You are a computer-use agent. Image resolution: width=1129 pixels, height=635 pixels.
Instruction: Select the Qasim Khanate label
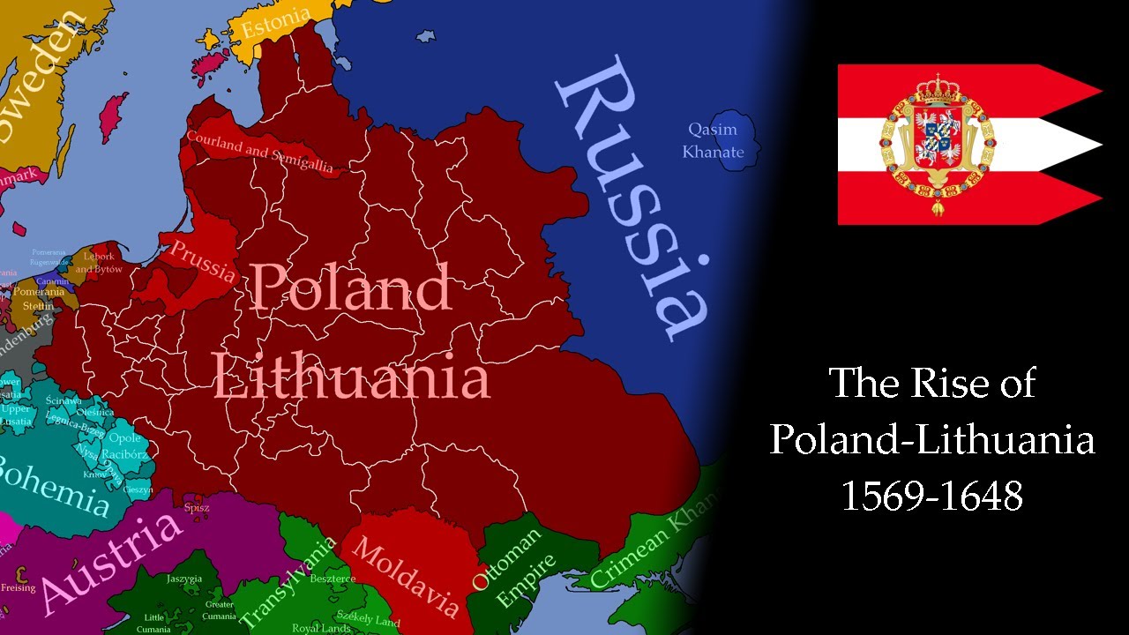(713, 141)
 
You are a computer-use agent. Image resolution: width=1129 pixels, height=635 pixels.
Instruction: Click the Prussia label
(204, 260)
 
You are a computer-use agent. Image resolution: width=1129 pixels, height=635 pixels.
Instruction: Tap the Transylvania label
(288, 582)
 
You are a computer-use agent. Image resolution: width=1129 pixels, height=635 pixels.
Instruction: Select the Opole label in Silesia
(124, 438)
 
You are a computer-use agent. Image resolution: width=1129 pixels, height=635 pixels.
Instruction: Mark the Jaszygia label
(184, 579)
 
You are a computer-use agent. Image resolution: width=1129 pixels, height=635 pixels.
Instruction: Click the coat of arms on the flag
(937, 143)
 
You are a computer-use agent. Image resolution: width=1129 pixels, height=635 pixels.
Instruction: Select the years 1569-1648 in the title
(931, 496)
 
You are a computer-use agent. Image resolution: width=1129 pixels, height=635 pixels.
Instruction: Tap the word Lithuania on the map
(351, 377)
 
